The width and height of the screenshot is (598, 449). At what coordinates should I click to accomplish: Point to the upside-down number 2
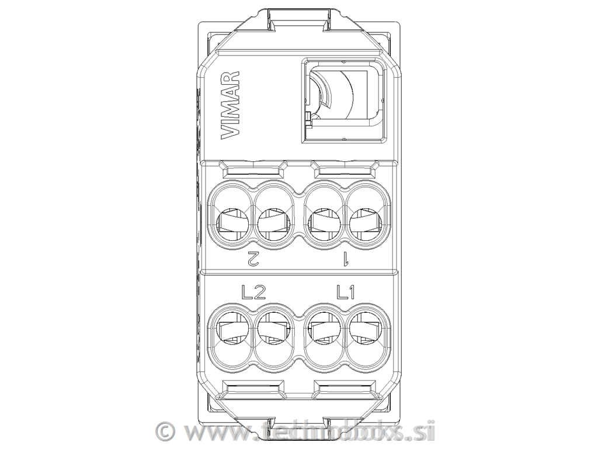pyautogui.click(x=252, y=257)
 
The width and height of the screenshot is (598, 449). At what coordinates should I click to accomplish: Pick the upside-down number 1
pyautogui.click(x=346, y=257)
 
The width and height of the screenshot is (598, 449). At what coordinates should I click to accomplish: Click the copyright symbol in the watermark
pyautogui.click(x=166, y=432)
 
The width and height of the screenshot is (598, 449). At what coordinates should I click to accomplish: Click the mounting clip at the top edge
pyautogui.click(x=299, y=16)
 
